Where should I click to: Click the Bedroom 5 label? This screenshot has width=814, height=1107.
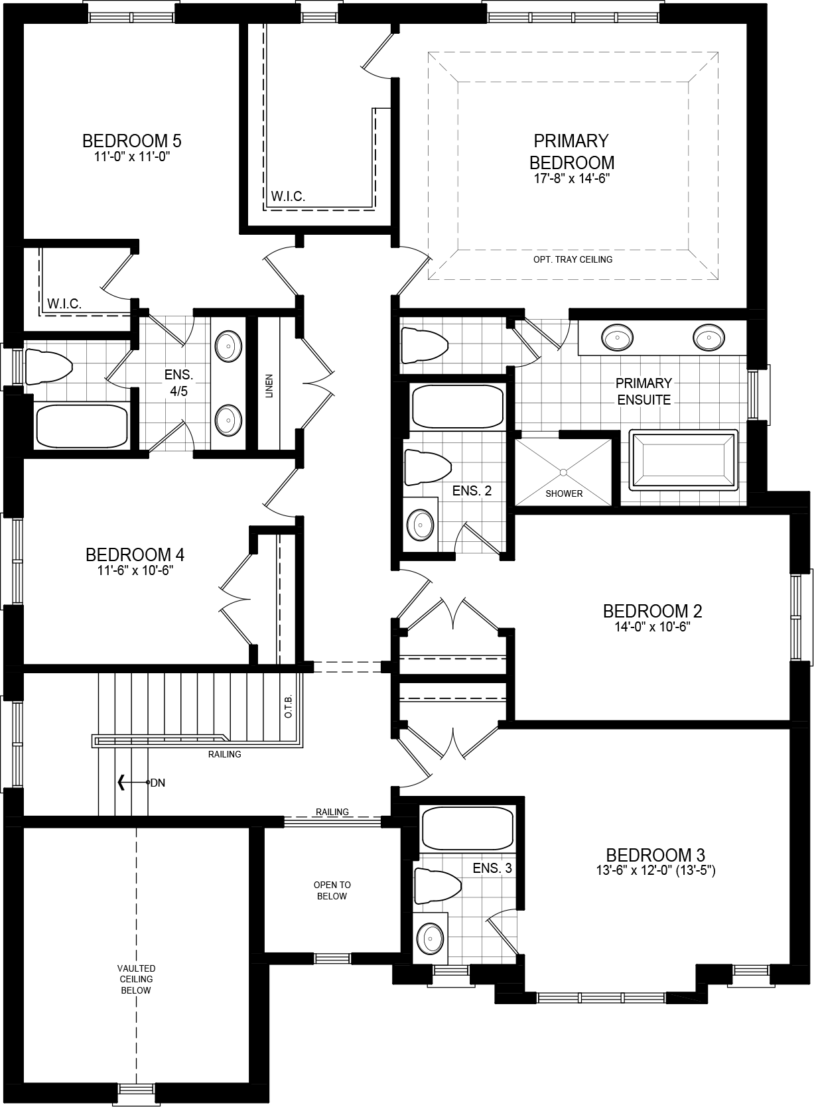point(131,141)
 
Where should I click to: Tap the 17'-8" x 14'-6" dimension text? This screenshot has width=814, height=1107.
point(571,178)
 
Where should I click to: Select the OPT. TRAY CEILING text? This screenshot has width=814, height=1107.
point(572,259)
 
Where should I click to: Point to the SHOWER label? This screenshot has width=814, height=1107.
point(564,493)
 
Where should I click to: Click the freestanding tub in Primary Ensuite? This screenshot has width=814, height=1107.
point(683,460)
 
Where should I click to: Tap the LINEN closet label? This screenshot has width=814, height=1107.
point(269,385)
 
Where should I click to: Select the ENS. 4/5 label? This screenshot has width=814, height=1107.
point(178,383)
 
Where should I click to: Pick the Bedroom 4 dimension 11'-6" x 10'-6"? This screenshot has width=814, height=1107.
point(134,571)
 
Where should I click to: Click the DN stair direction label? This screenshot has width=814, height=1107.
point(157,783)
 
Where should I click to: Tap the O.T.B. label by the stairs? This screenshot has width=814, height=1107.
point(289,707)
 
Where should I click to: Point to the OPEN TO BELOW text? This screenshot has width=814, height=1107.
point(332,890)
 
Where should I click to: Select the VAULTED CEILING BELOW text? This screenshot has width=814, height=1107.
point(137,979)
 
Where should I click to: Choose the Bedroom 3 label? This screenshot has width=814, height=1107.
point(655,854)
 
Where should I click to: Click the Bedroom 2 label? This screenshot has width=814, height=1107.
point(652,611)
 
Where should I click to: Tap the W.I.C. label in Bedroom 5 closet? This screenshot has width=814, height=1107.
point(64,304)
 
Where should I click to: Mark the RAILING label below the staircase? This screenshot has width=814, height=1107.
point(224,754)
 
